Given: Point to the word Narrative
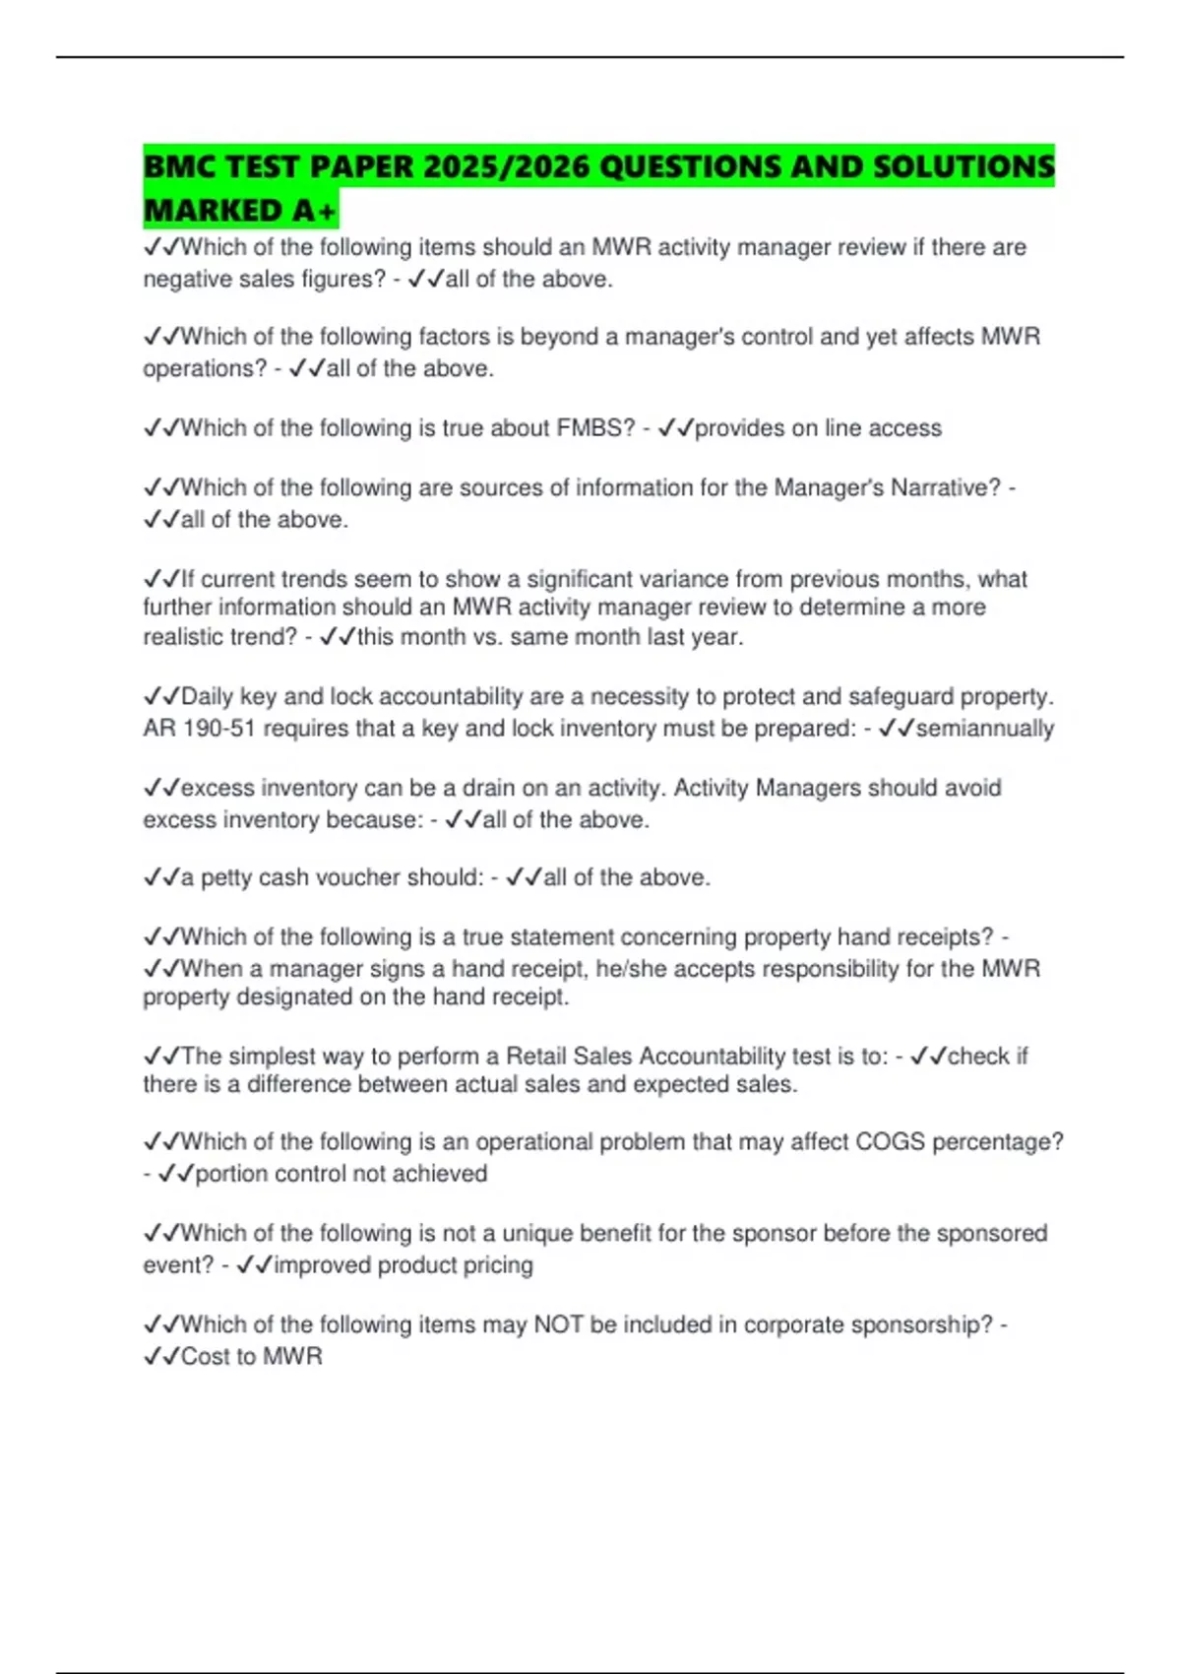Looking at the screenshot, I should click(945, 487).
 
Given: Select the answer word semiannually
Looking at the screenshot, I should click(985, 729).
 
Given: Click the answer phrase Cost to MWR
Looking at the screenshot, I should click(252, 1357).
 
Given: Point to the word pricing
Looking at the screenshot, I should click(497, 1265).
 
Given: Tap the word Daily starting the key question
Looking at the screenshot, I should click(207, 697).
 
